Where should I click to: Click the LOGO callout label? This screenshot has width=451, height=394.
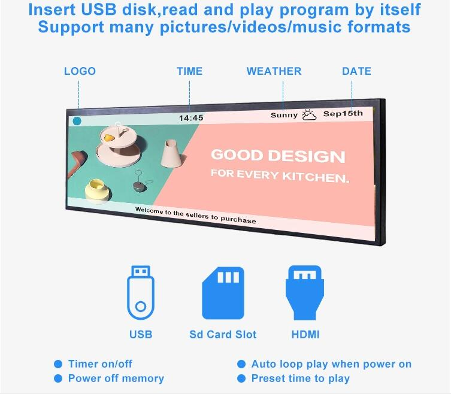[80, 71]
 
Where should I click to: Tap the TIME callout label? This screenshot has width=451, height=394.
[189, 71]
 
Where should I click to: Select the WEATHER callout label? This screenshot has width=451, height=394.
[274, 71]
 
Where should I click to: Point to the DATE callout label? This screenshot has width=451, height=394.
[356, 71]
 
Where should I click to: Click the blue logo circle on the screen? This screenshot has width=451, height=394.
[77, 121]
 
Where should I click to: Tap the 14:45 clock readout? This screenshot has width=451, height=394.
[191, 118]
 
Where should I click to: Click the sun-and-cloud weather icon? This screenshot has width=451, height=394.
[309, 115]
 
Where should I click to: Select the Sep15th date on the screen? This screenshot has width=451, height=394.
[343, 114]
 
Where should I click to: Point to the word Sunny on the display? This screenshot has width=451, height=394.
[284, 116]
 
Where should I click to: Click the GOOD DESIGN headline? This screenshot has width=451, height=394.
[278, 156]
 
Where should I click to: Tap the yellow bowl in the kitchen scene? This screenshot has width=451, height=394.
[97, 190]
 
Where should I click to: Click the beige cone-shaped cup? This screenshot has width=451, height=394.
[171, 153]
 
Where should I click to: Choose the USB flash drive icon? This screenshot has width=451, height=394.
[141, 292]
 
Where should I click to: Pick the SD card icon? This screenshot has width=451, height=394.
[223, 293]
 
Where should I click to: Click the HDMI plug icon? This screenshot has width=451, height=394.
[305, 292]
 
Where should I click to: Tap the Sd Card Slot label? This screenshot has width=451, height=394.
[223, 335]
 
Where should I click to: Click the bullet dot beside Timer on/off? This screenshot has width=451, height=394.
[58, 364]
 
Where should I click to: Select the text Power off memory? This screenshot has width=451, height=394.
[116, 378]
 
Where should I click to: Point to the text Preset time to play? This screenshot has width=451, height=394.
[301, 378]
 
